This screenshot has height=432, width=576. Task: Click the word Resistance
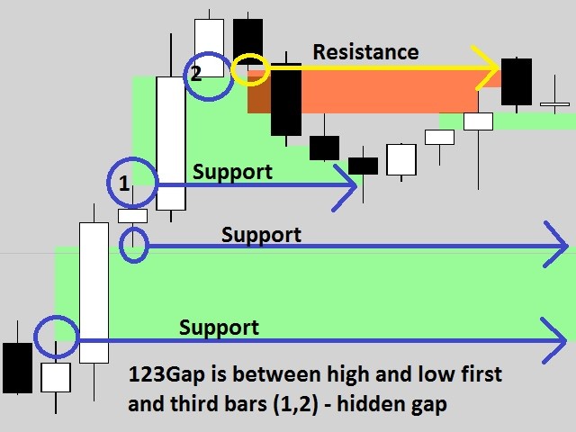[365, 52]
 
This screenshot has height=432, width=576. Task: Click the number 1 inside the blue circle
[124, 184]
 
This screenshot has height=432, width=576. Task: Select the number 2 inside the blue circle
[196, 74]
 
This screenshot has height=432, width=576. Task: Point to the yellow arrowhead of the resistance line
[491, 68]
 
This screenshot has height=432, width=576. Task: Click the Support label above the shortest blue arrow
[232, 172]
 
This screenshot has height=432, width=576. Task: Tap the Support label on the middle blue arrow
[261, 235]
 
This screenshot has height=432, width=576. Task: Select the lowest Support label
[219, 328]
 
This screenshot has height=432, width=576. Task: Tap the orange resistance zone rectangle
[387, 90]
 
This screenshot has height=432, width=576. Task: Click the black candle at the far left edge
[16, 367]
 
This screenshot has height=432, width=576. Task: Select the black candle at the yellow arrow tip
[517, 81]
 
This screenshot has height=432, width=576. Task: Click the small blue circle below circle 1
[133, 244]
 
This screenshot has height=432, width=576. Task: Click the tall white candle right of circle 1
[171, 143]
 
